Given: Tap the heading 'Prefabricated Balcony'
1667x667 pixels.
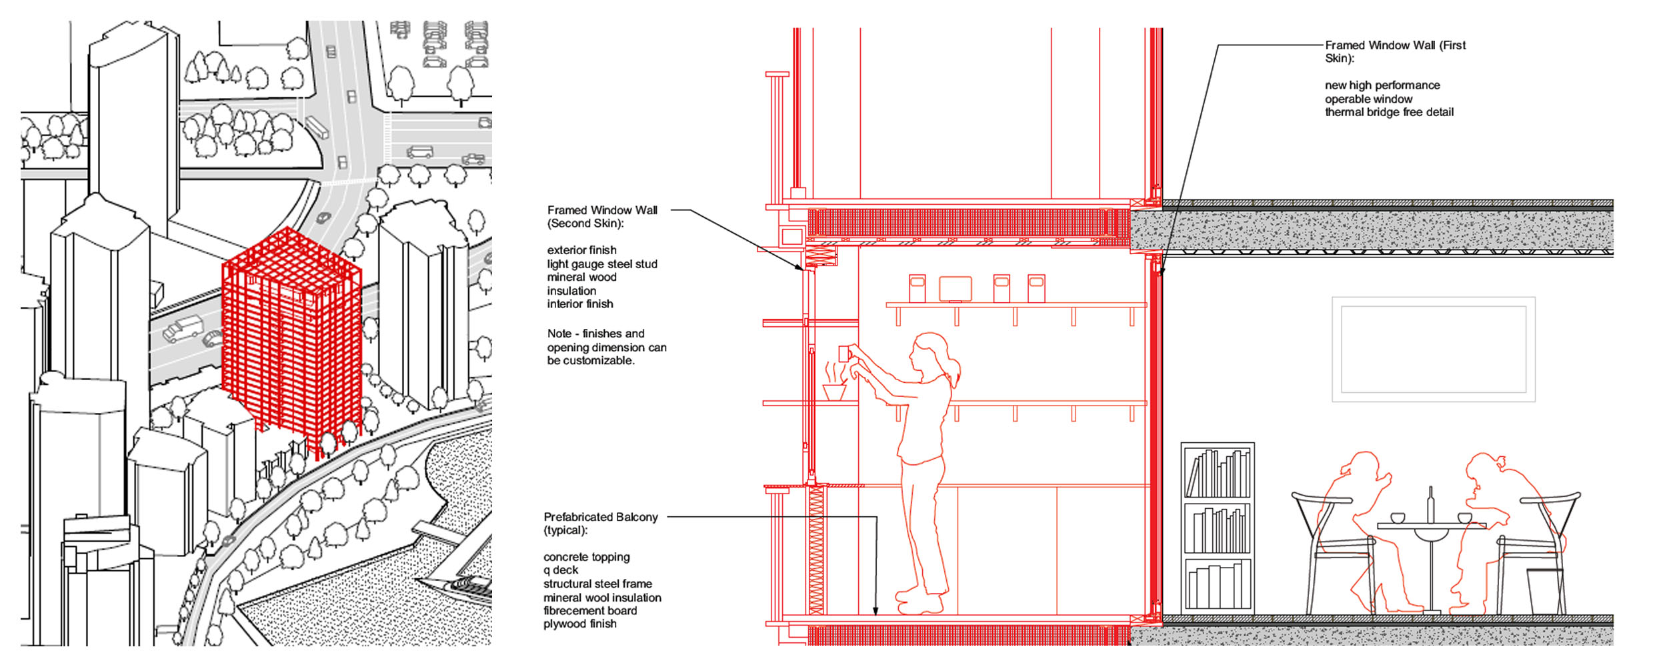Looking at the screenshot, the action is click(x=601, y=517).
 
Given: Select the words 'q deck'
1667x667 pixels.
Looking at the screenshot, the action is click(x=561, y=570).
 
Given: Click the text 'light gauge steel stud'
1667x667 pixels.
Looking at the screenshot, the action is click(x=602, y=264).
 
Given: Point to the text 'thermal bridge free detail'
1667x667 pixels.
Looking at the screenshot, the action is click(x=1389, y=112).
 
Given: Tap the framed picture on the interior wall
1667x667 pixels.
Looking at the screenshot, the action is click(x=1434, y=350).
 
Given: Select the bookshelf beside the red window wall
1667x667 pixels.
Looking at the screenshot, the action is click(x=1218, y=528).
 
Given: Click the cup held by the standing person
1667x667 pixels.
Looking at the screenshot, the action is click(x=844, y=354).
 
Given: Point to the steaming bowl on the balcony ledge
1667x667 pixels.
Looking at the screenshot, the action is click(x=834, y=383).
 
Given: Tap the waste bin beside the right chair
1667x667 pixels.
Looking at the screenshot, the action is click(x=1545, y=591).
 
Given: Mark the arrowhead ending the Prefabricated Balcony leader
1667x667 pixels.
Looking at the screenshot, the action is click(x=876, y=611).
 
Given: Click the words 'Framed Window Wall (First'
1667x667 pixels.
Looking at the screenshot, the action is click(x=1395, y=45).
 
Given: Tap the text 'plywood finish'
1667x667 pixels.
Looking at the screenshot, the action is click(x=579, y=624).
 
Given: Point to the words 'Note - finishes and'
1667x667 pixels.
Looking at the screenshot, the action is click(x=595, y=333).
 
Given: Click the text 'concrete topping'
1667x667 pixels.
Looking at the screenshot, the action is click(x=586, y=557).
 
